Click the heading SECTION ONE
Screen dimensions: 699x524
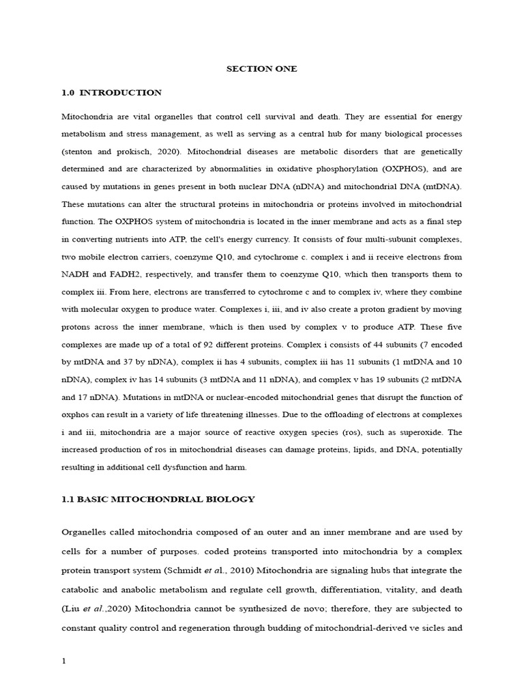262,69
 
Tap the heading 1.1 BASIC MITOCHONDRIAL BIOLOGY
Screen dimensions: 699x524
158,499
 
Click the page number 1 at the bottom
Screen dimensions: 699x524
63,660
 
